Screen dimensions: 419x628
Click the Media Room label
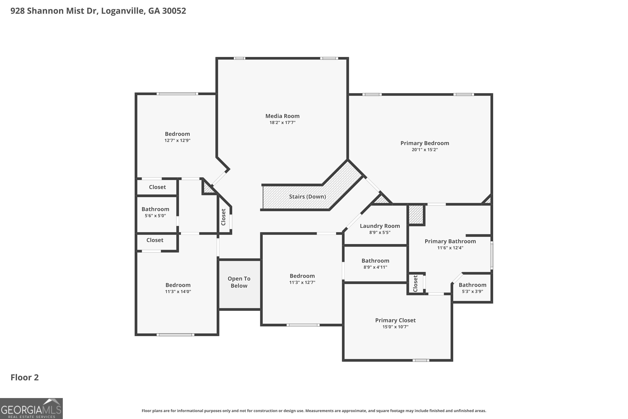pos(282,116)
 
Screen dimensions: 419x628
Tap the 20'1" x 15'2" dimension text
pos(425,150)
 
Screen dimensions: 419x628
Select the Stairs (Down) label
pos(307,197)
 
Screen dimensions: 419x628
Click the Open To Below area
pos(239,282)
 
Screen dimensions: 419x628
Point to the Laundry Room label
pos(380,226)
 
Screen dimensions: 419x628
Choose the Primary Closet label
pos(395,320)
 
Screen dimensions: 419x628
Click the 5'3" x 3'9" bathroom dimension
pos(472,292)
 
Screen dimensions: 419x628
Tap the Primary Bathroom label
pos(450,241)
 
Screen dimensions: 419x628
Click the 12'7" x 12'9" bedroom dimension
pos(177,141)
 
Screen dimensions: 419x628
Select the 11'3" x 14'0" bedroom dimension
pos(178,292)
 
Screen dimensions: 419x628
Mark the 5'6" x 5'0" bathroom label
pos(155,209)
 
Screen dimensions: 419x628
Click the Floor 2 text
pos(24,377)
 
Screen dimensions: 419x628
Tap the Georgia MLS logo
pos(31,408)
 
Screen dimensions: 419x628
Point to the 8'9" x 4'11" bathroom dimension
pos(375,267)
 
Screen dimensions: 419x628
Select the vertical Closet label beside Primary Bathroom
pos(415,283)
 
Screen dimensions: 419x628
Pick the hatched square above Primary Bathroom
pos(416,215)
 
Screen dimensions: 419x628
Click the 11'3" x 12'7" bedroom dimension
pos(302,282)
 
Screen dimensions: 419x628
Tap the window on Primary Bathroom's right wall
pos(492,255)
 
